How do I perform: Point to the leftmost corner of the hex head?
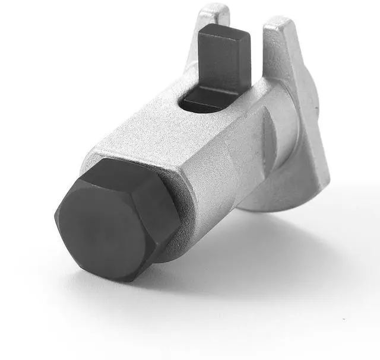56,216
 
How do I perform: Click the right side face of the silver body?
226,172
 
